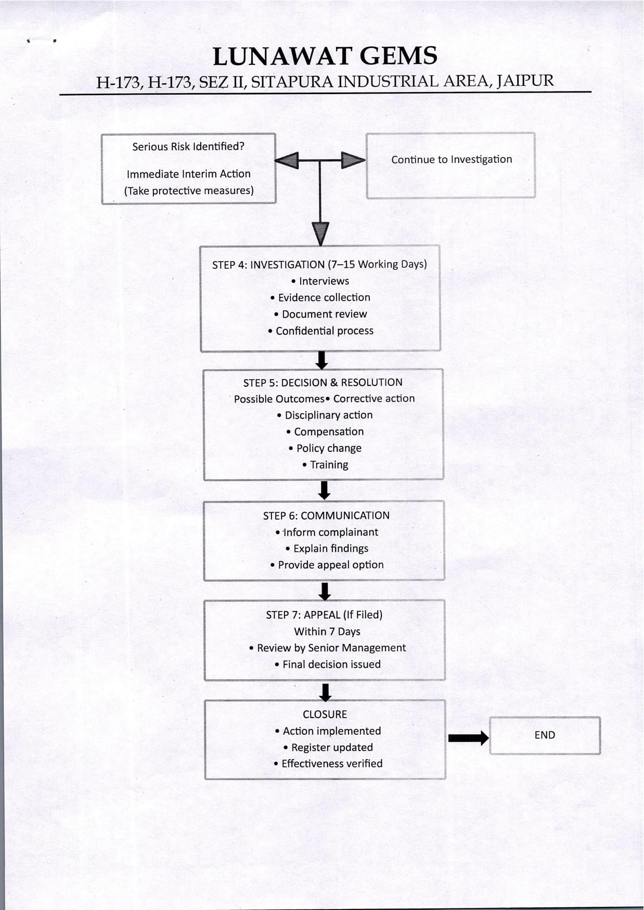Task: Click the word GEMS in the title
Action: [398, 56]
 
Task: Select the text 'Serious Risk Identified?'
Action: [188, 147]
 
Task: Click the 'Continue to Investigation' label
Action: [452, 160]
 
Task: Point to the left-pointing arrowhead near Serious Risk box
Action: [287, 160]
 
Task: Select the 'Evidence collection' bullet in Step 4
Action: [320, 297]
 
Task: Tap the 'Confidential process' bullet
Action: [320, 331]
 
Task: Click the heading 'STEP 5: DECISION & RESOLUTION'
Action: [323, 383]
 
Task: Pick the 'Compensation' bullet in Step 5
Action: [325, 432]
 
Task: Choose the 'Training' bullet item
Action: [325, 465]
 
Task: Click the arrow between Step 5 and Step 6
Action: [324, 490]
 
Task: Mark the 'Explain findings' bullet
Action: [327, 549]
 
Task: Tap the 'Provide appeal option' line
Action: [327, 565]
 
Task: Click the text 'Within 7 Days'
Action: [327, 632]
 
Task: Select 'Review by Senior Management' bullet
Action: [327, 648]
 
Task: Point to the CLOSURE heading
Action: [325, 714]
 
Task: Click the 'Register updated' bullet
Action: [328, 748]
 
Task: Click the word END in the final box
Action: [545, 735]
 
